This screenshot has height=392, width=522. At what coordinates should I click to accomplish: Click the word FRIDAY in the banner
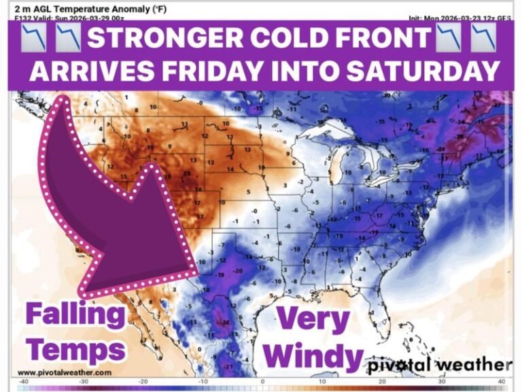coord(219,70)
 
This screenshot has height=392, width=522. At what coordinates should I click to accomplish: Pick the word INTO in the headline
coord(316,70)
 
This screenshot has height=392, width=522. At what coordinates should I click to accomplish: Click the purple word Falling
coord(75,314)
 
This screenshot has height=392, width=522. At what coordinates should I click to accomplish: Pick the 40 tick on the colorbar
coord(502,381)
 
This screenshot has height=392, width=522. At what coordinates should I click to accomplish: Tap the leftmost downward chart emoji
coord(30,39)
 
